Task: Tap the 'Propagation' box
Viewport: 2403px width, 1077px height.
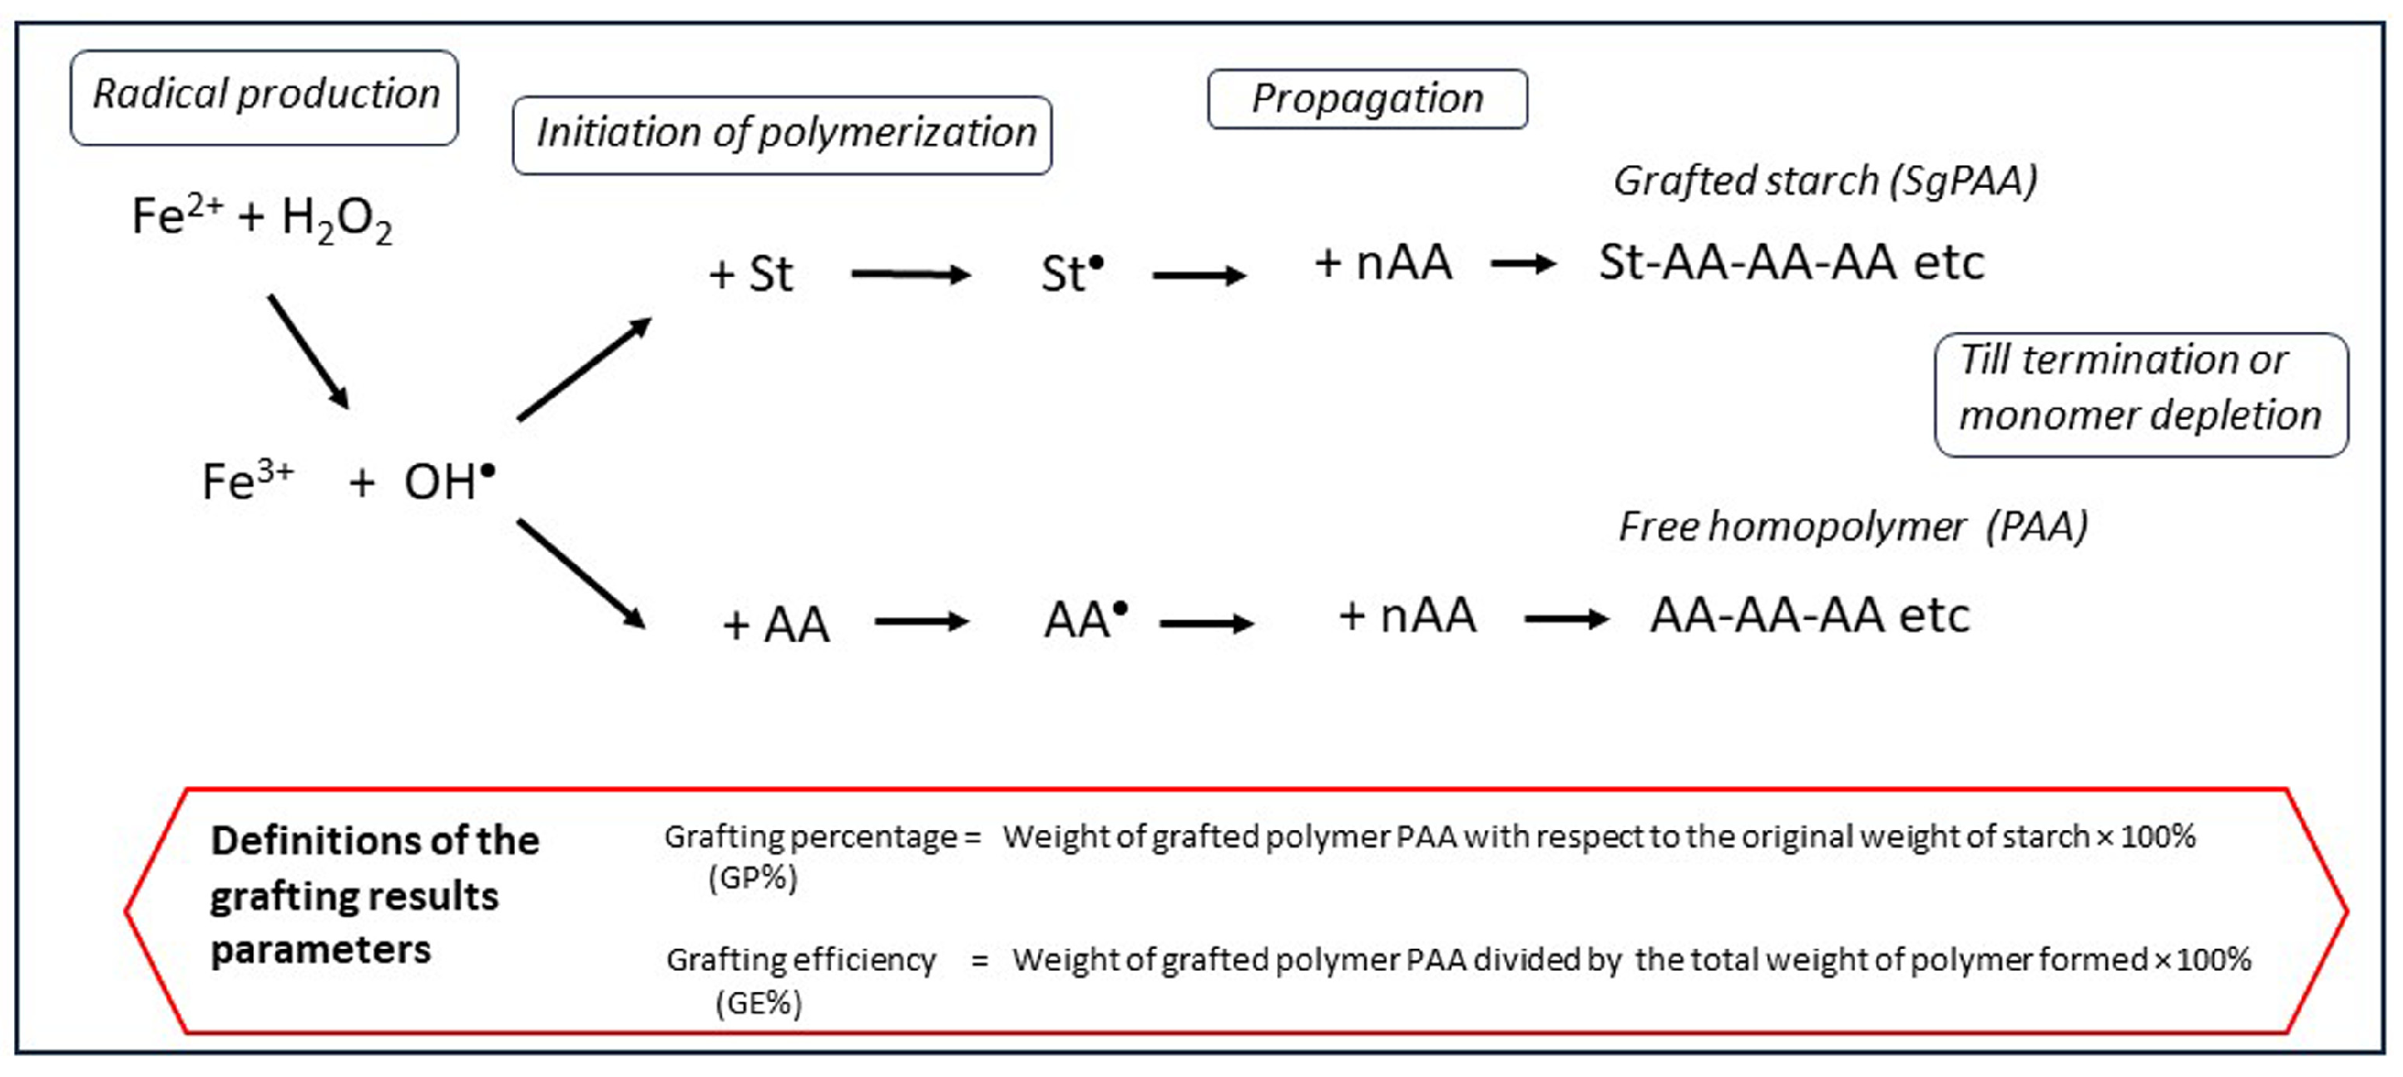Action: pyautogui.click(x=1367, y=99)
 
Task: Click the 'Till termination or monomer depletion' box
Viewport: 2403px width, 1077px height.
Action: pyautogui.click(x=2140, y=394)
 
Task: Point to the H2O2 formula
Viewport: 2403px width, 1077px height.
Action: pyautogui.click(x=337, y=219)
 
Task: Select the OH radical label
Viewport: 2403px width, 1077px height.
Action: pyautogui.click(x=448, y=482)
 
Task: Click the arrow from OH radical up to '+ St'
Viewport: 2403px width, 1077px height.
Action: pyautogui.click(x=584, y=369)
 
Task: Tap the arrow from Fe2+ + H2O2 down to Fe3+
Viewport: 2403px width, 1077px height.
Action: pyautogui.click(x=308, y=352)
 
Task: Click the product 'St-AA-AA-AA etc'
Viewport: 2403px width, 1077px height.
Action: pyautogui.click(x=1791, y=262)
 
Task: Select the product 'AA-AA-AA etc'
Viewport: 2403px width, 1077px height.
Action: pyautogui.click(x=1809, y=615)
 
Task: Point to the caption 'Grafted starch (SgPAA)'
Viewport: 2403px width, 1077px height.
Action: pyautogui.click(x=1825, y=181)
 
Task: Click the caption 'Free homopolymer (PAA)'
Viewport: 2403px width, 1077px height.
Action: pyautogui.click(x=1852, y=526)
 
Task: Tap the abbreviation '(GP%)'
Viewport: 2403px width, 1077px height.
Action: pyautogui.click(x=753, y=877)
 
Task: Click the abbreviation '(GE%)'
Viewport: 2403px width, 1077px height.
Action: pyautogui.click(x=759, y=1003)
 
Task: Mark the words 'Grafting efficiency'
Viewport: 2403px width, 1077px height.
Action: pyautogui.click(x=800, y=960)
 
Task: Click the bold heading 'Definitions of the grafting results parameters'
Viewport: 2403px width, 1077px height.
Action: pyautogui.click(x=373, y=895)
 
